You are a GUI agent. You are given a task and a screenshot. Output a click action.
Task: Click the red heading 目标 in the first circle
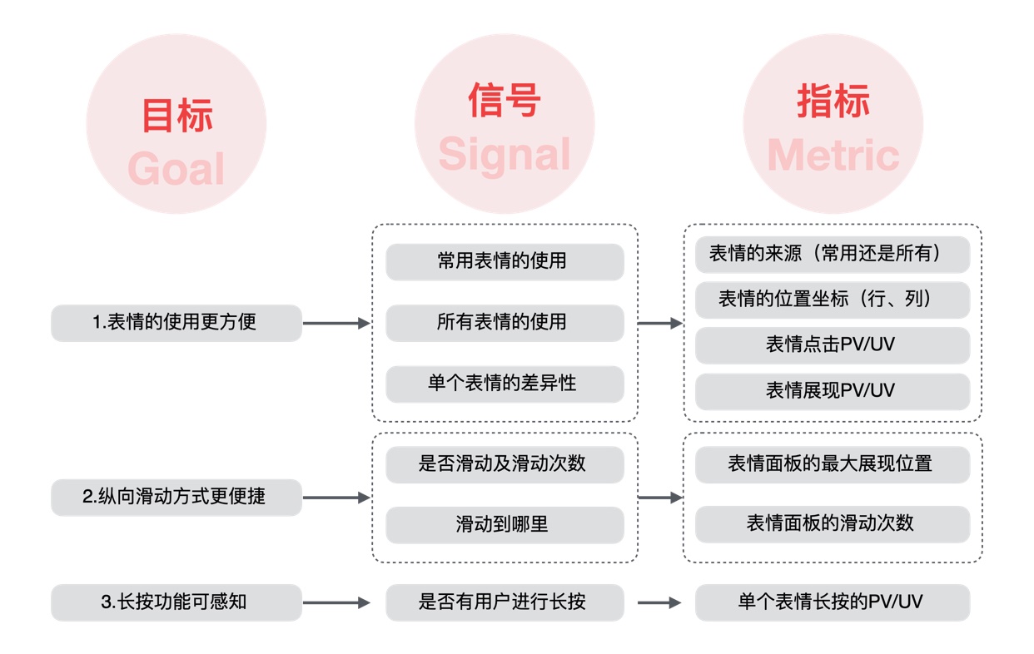(176, 116)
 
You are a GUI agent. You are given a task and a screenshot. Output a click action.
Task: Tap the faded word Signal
(505, 154)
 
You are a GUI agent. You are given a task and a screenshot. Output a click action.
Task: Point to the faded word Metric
(833, 156)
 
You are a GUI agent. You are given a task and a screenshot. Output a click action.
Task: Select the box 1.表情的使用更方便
(176, 323)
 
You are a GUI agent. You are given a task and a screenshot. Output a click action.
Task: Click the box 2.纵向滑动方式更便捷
(176, 497)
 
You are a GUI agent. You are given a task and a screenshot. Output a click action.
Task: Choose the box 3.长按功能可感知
(176, 602)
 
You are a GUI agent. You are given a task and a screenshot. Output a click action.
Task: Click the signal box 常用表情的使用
(505, 261)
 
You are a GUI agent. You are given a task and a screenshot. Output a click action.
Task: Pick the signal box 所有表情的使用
(505, 322)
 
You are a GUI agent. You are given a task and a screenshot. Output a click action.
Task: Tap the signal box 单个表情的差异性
(505, 384)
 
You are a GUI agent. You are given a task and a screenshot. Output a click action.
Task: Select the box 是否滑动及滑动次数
(505, 463)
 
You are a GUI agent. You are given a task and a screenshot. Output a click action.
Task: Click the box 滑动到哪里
(505, 524)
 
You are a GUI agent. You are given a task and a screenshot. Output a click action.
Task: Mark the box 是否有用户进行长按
(505, 602)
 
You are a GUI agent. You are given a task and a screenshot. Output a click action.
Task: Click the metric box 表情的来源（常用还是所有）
(833, 255)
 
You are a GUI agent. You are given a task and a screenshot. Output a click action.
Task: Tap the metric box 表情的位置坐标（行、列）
(833, 300)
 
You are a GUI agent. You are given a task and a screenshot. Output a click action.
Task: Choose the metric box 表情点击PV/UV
(833, 344)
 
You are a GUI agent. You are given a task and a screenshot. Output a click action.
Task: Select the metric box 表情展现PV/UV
(833, 390)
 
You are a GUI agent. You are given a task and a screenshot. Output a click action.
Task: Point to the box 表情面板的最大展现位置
(833, 463)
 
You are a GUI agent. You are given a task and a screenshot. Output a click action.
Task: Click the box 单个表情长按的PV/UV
(833, 602)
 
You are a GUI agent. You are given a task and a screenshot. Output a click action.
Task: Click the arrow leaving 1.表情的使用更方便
(336, 323)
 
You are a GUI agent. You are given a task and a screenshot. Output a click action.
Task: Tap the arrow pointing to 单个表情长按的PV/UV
(660, 602)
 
